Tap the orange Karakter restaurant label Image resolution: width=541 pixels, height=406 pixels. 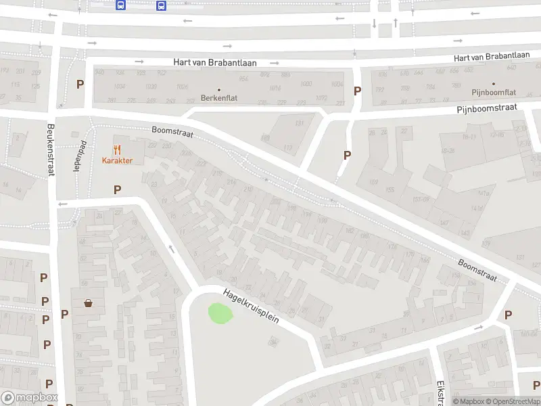click(x=117, y=160)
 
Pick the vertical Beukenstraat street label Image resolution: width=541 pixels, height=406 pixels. click(x=50, y=150)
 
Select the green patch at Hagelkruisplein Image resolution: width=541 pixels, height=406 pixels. click(x=220, y=313)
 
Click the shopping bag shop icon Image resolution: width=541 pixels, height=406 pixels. click(x=88, y=303)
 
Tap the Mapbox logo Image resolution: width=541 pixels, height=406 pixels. click(x=30, y=398)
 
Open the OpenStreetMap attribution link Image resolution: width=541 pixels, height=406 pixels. click(x=511, y=402)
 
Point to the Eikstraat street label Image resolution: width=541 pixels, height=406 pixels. click(x=440, y=390)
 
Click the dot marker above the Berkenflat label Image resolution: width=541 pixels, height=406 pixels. click(x=219, y=89)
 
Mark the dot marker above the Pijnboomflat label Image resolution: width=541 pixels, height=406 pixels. click(x=493, y=83)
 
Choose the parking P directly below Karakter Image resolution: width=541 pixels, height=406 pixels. click(x=118, y=190)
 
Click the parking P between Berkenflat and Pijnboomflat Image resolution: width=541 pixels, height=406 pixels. click(x=357, y=91)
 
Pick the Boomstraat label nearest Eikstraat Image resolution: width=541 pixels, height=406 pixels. click(x=477, y=270)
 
